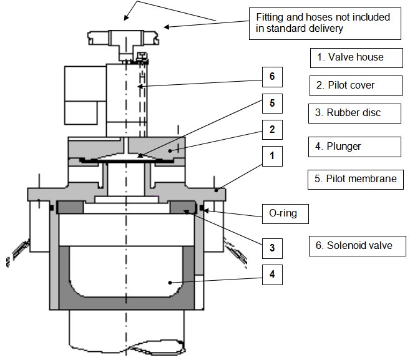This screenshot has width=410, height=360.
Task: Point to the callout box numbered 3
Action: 272,247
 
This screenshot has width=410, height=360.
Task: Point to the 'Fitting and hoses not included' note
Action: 320,22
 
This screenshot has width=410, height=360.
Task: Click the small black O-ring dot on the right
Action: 202,207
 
